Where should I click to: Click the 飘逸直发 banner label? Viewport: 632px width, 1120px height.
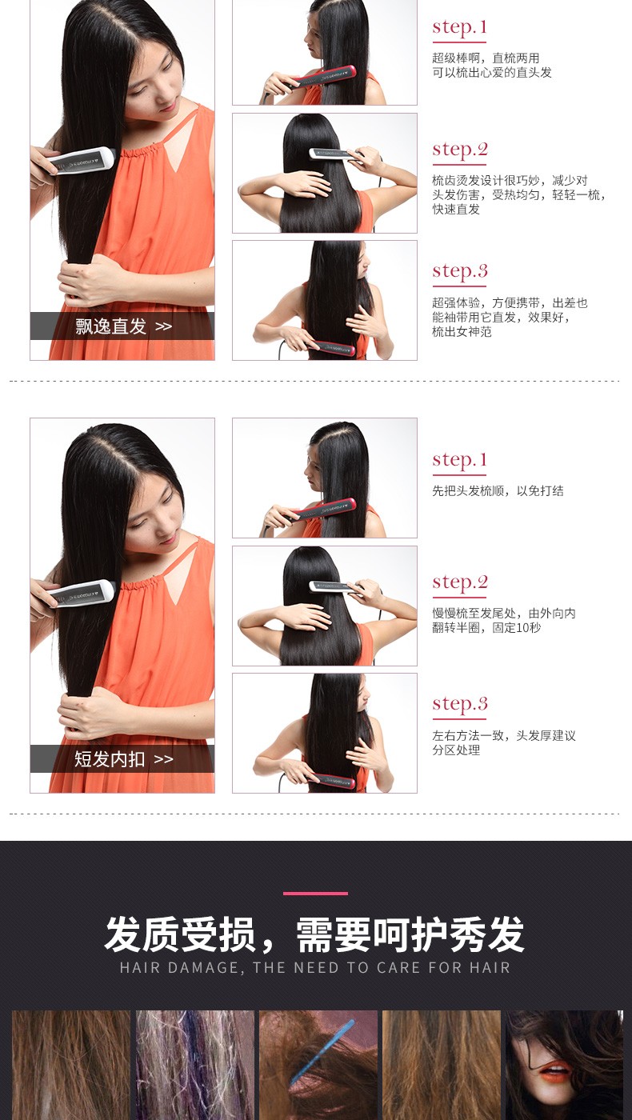pyautogui.click(x=110, y=326)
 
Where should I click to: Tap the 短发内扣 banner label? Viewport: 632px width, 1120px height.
pyautogui.click(x=110, y=759)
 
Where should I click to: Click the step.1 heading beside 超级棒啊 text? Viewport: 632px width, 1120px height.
pyautogui.click(x=459, y=28)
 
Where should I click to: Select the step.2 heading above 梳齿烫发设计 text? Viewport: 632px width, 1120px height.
pyautogui.click(x=459, y=150)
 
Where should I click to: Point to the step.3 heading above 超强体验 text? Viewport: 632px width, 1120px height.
pyautogui.click(x=459, y=272)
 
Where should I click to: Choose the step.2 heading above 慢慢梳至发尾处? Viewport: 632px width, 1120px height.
pyautogui.click(x=459, y=582)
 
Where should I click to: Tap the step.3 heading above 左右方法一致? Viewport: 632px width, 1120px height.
pyautogui.click(x=459, y=705)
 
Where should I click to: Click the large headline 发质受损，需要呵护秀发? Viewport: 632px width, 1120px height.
pyautogui.click(x=315, y=934)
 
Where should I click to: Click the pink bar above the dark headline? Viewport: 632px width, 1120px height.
pyautogui.click(x=315, y=893)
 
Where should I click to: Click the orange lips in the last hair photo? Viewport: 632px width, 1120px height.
pyautogui.click(x=554, y=1073)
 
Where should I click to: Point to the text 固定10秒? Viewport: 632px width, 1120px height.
pyautogui.click(x=517, y=627)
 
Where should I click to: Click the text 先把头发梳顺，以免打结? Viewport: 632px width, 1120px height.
pyautogui.click(x=498, y=491)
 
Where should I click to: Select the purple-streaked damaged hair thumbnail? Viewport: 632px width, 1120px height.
pyautogui.click(x=195, y=1065)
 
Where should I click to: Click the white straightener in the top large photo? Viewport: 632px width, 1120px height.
pyautogui.click(x=80, y=161)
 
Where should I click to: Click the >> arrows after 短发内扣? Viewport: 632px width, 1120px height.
pyautogui.click(x=163, y=759)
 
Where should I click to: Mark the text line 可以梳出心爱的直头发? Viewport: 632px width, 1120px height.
pyautogui.click(x=492, y=73)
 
